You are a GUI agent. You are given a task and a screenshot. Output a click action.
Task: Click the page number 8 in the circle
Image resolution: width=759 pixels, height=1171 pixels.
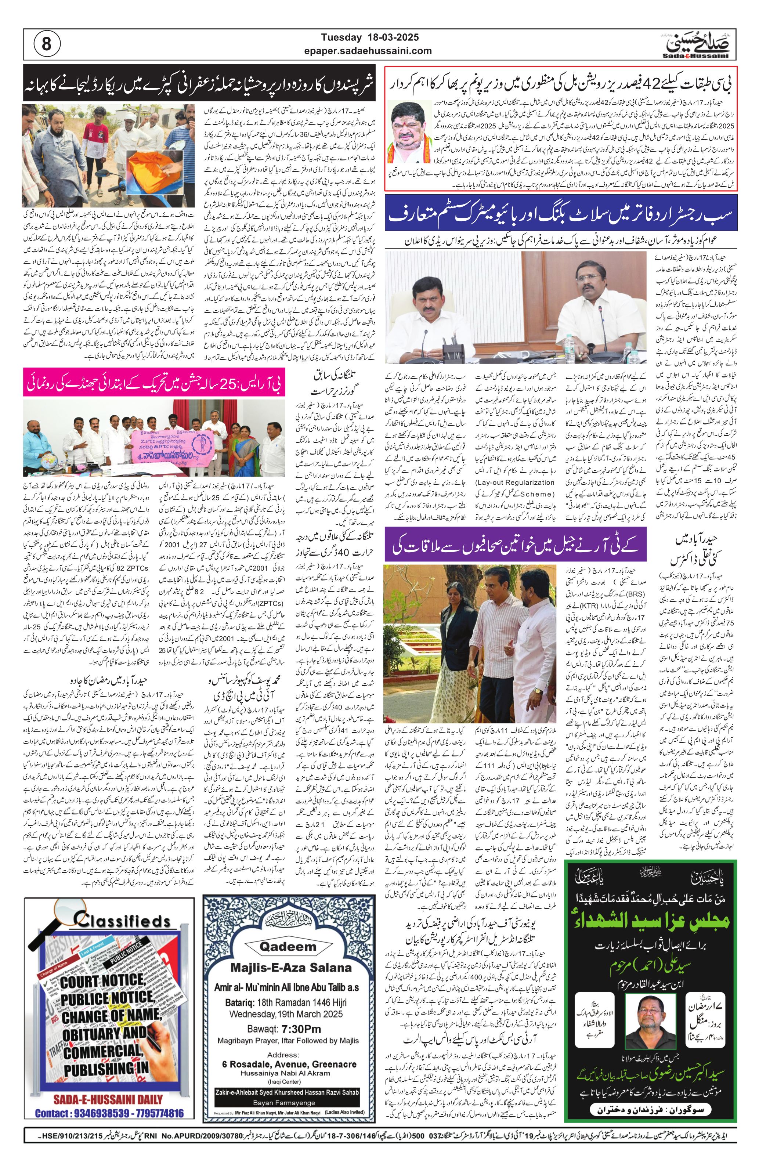(x=47, y=44)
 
